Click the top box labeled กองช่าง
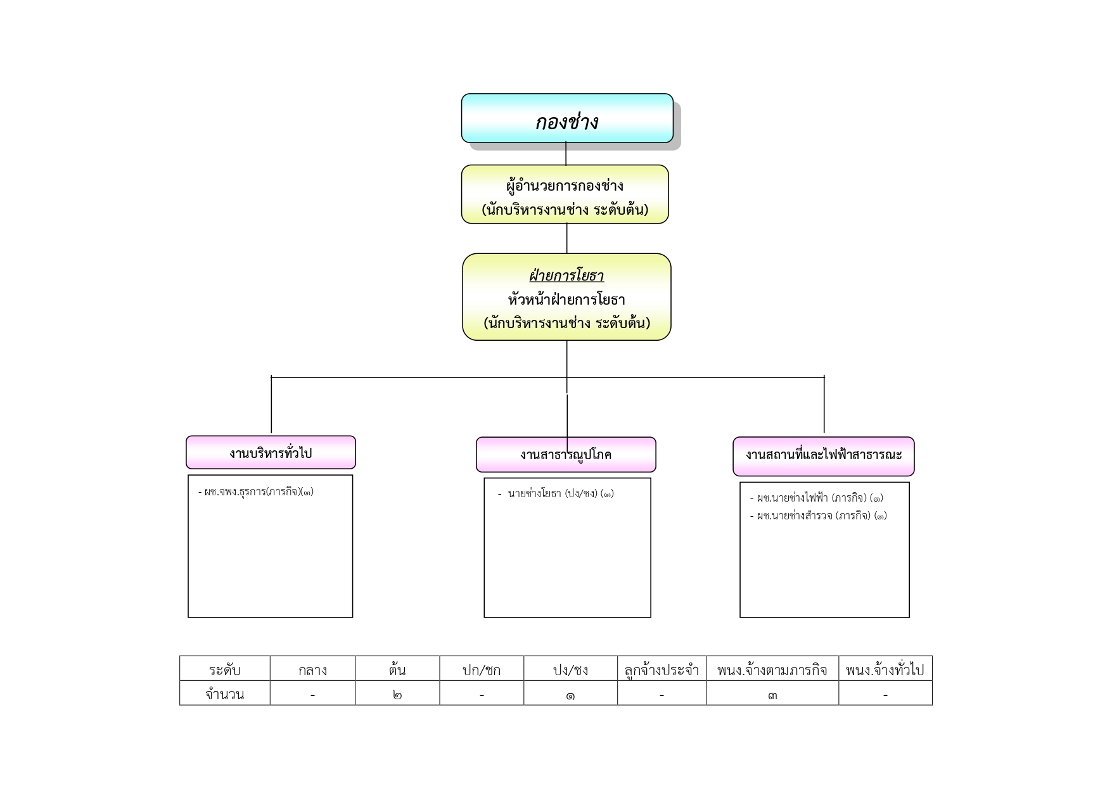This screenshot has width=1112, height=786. pos(567,118)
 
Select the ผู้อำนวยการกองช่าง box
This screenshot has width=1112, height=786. pos(565,194)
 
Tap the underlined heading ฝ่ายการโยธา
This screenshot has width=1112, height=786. pos(566,276)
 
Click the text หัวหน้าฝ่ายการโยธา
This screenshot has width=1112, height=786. pos(566,299)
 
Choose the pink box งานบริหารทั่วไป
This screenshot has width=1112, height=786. pos(271,452)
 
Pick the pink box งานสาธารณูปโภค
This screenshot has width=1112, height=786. pos(566,455)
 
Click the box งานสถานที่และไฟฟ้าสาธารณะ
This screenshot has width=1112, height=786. pos(824,456)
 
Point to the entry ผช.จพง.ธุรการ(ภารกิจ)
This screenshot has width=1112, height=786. pos(256,491)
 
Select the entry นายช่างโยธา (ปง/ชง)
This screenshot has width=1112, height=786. pos(556,493)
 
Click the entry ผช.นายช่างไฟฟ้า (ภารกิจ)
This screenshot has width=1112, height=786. pos(817,498)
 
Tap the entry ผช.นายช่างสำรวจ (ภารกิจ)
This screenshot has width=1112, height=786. pos(819,516)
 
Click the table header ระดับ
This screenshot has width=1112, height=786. pos(224,669)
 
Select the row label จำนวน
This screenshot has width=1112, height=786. pos(224,694)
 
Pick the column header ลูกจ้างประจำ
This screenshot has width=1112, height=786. pos(661,669)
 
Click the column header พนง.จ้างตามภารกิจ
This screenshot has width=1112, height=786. pos(772,669)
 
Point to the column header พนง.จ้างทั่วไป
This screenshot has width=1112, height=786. pos(885,669)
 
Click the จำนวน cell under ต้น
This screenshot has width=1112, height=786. pos(397,695)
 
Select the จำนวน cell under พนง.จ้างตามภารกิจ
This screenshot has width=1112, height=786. pos(772,695)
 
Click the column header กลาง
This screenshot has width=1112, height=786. pos(312,670)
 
